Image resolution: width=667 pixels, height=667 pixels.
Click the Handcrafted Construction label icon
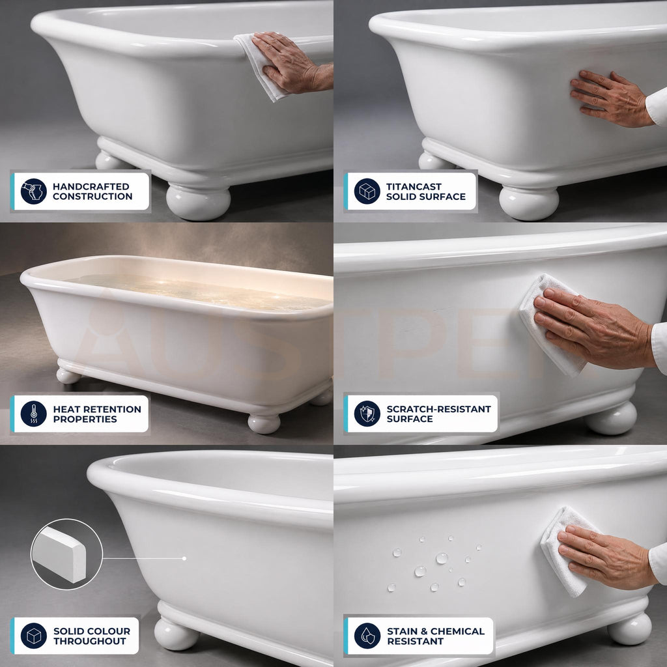click(x=34, y=192)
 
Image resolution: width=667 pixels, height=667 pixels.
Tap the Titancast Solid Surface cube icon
click(x=367, y=192)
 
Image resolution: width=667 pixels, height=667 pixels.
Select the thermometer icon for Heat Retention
click(x=34, y=414)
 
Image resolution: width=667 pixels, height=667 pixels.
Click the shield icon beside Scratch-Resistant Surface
click(x=367, y=414)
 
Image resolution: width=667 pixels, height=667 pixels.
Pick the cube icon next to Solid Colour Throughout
click(x=34, y=636)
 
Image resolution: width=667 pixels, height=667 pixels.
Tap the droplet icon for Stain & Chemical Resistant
click(x=367, y=636)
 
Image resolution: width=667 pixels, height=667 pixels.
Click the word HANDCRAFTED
click(x=91, y=187)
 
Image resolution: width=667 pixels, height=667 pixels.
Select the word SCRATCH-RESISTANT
click(x=438, y=409)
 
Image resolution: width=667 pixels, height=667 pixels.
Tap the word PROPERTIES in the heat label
click(x=85, y=419)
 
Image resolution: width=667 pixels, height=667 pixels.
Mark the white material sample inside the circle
click(x=59, y=554)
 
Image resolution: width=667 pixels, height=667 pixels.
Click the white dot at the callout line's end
click(x=184, y=558)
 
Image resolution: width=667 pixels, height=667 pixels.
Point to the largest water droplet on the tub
click(x=442, y=558)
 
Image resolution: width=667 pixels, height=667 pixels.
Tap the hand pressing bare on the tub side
click(x=611, y=99)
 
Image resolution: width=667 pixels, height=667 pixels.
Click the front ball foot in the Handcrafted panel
click(x=198, y=202)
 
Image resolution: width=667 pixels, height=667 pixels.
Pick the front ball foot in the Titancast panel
click(x=529, y=203)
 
